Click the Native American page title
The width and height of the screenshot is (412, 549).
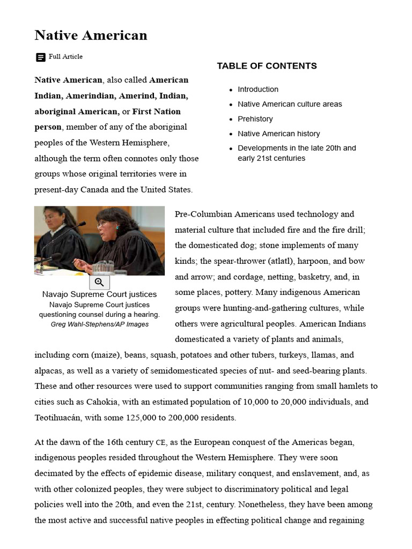[x=91, y=35]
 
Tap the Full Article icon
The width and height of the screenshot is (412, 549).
[x=40, y=57]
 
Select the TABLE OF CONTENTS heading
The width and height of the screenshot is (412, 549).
[x=267, y=66]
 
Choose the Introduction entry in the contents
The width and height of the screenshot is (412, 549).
[x=258, y=90]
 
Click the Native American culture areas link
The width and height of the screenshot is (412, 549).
[x=290, y=104]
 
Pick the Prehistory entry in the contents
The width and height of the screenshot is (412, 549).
[x=255, y=119]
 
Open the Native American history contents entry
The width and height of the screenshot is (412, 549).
[x=279, y=133]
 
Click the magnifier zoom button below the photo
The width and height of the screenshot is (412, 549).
[x=99, y=283]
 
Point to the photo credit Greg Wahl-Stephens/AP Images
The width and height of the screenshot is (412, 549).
[x=100, y=324]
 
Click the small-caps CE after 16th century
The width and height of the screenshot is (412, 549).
[x=161, y=443]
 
